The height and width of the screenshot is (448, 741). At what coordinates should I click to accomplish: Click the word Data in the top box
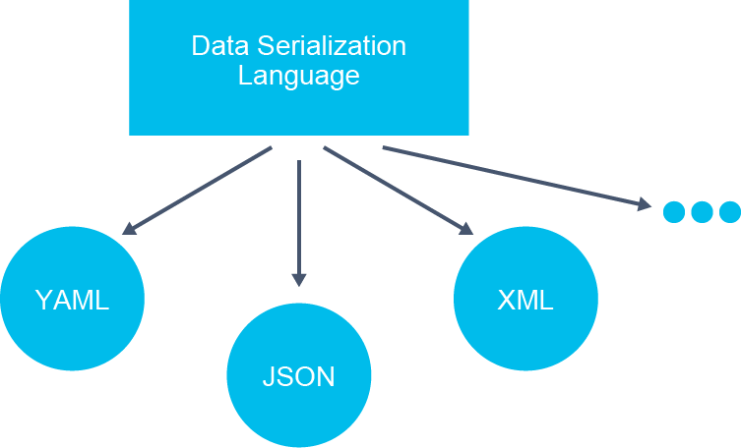click(x=220, y=46)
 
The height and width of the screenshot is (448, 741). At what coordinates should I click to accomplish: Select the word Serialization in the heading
click(x=332, y=46)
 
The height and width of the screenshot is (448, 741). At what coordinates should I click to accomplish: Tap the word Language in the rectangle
click(x=299, y=77)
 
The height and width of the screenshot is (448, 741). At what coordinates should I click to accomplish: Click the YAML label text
click(x=72, y=300)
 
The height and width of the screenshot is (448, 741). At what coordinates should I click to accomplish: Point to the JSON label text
click(x=299, y=376)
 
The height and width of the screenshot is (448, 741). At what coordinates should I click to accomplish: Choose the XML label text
click(x=525, y=300)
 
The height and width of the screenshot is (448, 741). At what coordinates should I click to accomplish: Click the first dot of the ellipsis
click(x=674, y=212)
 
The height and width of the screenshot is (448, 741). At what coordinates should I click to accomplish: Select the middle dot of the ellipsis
click(x=702, y=212)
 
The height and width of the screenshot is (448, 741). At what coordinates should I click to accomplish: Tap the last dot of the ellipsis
click(x=729, y=212)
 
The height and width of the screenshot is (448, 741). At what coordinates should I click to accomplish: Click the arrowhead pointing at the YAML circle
click(x=130, y=229)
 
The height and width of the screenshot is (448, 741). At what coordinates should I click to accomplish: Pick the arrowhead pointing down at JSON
click(x=299, y=280)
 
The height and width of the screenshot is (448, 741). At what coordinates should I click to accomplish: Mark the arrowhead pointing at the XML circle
click(x=465, y=229)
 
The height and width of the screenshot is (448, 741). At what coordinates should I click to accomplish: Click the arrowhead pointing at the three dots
click(x=645, y=204)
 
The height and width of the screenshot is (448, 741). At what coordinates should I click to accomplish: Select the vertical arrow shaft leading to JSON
click(x=299, y=217)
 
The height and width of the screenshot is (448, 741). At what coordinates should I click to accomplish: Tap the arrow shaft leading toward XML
click(x=394, y=188)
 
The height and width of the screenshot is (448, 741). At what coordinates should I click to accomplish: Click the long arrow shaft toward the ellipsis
click(x=512, y=176)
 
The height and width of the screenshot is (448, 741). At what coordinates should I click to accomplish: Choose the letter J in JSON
click(x=269, y=376)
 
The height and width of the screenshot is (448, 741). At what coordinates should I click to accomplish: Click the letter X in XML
click(x=507, y=300)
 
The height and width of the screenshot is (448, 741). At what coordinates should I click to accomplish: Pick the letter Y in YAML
click(x=44, y=300)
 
